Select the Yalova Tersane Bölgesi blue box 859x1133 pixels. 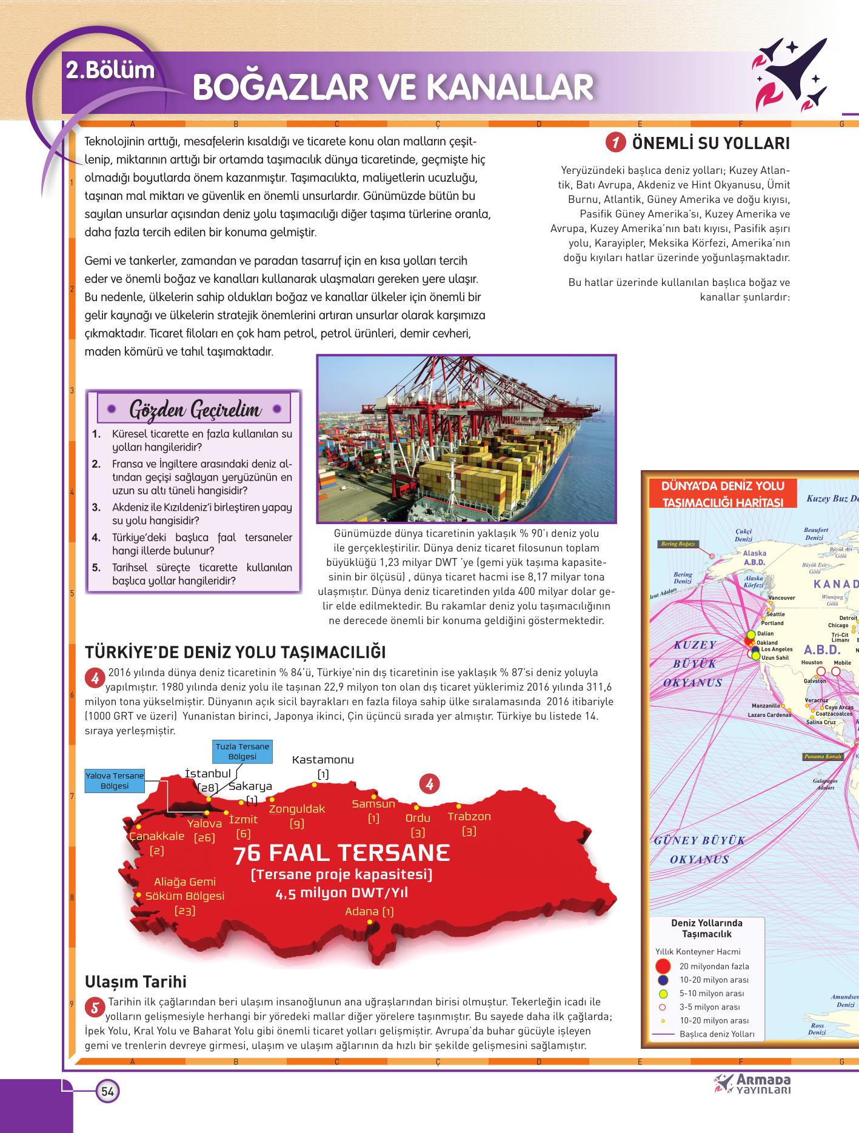(x=115, y=780)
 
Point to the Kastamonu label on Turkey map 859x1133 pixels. (x=323, y=760)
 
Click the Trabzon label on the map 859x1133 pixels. (x=469, y=816)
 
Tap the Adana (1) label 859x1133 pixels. (x=369, y=911)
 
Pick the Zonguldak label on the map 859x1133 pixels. (x=297, y=809)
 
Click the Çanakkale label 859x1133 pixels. (x=157, y=836)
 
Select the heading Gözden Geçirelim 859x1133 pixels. (x=195, y=410)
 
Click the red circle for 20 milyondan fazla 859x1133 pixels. (x=663, y=966)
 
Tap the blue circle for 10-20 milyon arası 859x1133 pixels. (x=663, y=980)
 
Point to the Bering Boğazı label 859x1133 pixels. (x=677, y=543)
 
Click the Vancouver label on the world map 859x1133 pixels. (x=781, y=598)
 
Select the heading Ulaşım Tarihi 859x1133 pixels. (x=136, y=982)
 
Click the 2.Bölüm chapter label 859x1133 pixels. (x=110, y=71)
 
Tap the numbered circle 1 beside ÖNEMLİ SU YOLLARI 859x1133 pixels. (x=615, y=144)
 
